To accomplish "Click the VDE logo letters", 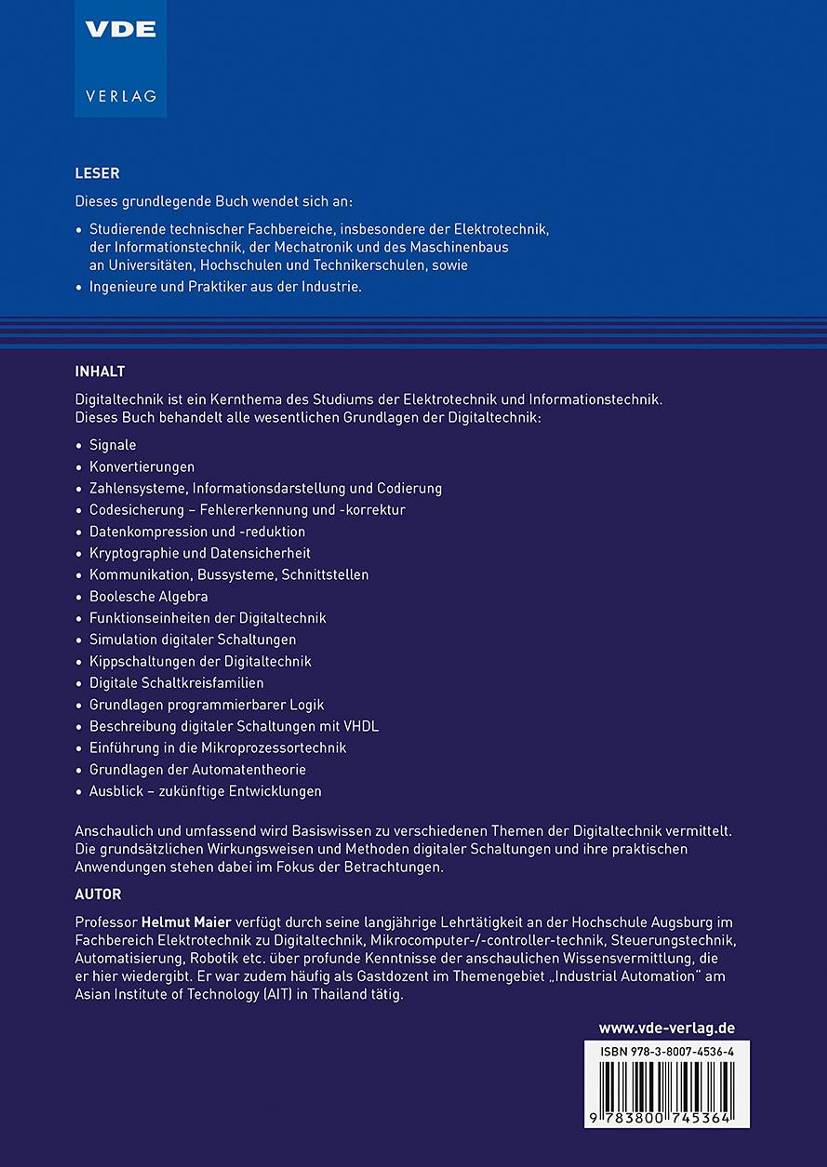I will pos(121,30).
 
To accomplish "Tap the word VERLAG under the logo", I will pos(121,96).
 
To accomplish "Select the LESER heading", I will pos(97,173).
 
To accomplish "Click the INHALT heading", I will pos(100,371).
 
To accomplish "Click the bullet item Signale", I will pos(113,445).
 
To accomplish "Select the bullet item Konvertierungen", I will pos(142,466).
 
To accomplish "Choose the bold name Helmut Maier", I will pos(186,922).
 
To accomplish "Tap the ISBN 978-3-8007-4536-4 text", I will pos(666,1052).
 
